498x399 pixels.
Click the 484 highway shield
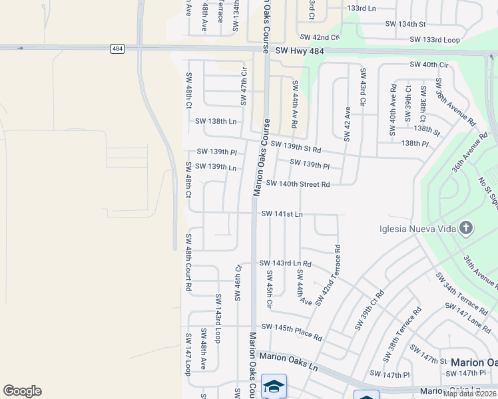(117, 49)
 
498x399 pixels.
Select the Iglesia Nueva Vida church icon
(465, 229)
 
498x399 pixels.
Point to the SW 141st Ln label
(282, 214)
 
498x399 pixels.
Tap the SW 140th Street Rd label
(298, 184)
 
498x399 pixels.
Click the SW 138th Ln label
(216, 122)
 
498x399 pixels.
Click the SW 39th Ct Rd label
(370, 309)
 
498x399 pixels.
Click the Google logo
(22, 391)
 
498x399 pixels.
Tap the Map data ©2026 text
(470, 394)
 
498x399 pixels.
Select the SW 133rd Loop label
(435, 40)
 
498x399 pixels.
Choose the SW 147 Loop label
(188, 354)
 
